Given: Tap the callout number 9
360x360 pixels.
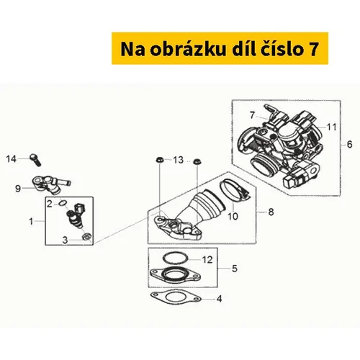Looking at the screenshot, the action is (18, 189).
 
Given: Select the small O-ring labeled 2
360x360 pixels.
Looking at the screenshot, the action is (63, 203).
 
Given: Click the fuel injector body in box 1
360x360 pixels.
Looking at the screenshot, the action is (75, 216).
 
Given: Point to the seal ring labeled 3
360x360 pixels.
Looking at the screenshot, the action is (86, 236).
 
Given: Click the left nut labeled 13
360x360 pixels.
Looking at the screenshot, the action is (159, 160).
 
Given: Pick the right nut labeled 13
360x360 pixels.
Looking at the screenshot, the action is (197, 161).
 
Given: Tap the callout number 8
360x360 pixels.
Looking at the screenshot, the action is (271, 212).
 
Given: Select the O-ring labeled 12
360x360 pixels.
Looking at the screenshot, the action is (176, 258).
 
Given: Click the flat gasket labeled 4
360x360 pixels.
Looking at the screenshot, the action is (176, 298).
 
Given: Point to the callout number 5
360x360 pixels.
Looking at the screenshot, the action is (235, 269).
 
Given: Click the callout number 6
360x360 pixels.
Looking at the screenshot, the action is (350, 145).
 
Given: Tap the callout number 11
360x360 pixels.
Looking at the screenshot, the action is (332, 127).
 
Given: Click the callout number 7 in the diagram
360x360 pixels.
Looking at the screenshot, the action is (251, 115).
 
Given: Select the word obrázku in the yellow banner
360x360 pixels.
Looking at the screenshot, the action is (188, 49).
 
